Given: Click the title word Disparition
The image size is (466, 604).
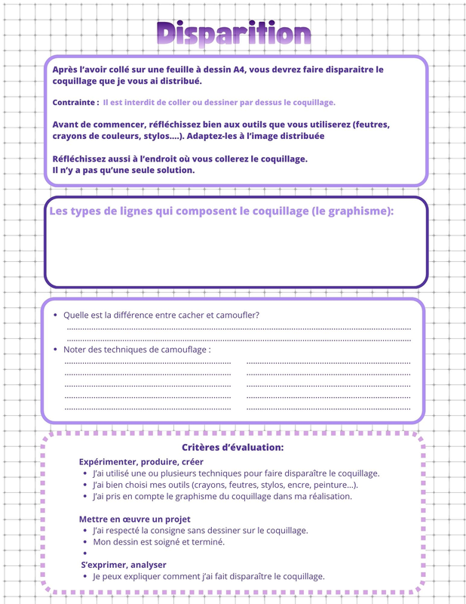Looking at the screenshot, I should (233, 33).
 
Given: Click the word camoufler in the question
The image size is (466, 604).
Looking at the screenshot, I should (235, 315).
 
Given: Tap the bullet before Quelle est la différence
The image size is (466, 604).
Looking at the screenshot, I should (55, 315).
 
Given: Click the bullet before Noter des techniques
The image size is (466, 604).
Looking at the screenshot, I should (55, 350).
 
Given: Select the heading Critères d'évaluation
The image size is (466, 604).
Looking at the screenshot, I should (232, 448).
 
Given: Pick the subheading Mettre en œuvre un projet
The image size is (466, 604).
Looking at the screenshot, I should (134, 519).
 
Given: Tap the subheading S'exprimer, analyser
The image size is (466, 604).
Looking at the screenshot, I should (124, 564).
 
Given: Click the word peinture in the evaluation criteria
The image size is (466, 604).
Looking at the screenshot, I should (330, 485).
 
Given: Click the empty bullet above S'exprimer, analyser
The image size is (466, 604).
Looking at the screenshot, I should (85, 553).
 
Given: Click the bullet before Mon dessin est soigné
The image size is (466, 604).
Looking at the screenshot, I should (85, 541).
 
